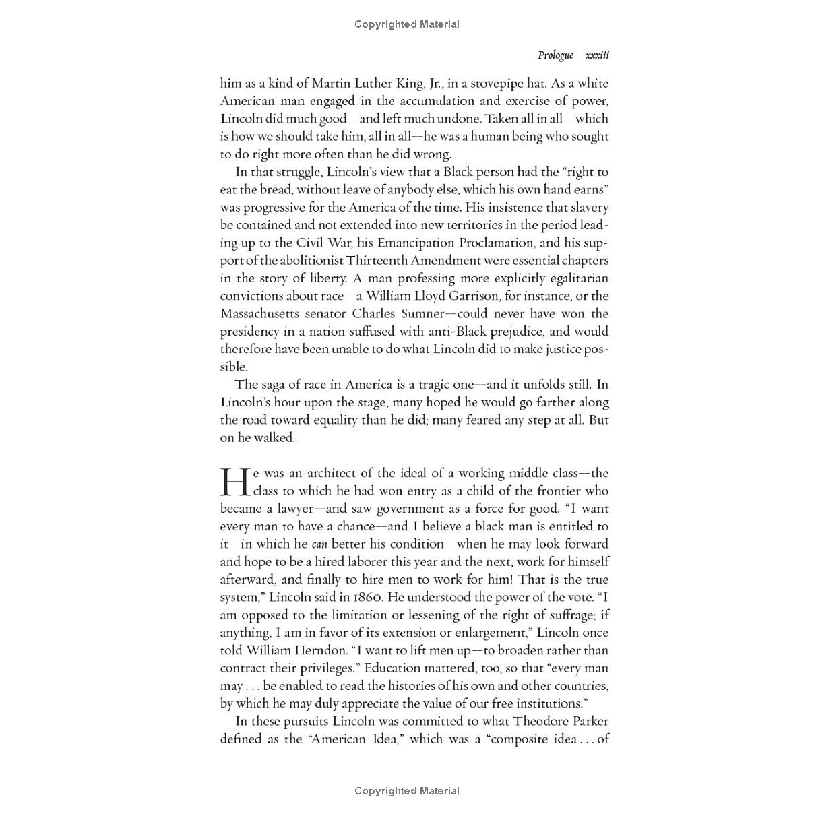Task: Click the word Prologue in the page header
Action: (555, 55)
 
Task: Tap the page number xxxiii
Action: (597, 55)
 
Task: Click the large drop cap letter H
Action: (235, 482)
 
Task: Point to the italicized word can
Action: (319, 544)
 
